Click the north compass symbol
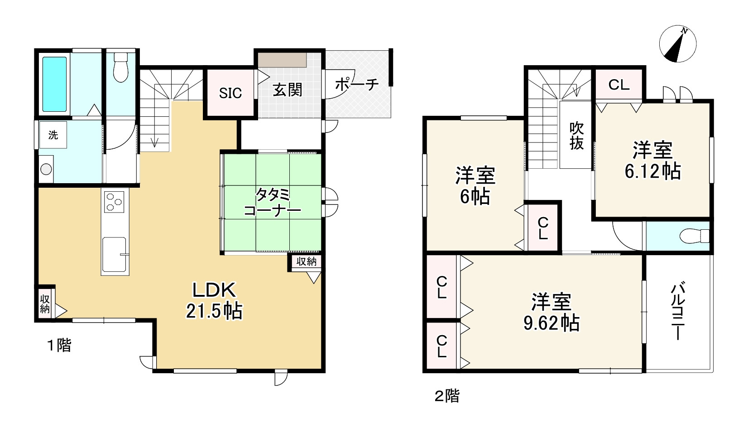point(677,44)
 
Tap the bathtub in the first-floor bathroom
point(54,84)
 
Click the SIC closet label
point(230,93)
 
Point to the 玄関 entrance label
point(287,90)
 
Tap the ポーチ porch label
point(357,84)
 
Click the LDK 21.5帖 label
point(214,300)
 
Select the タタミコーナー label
point(272,203)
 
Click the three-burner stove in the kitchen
point(115,202)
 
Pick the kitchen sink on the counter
point(114,254)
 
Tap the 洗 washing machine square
point(53,135)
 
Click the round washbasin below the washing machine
point(46,169)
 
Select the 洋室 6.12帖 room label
point(652,160)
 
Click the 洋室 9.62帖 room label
point(551,312)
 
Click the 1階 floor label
point(59,346)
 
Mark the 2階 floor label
point(447,396)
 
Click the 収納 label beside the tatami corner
point(306,261)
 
